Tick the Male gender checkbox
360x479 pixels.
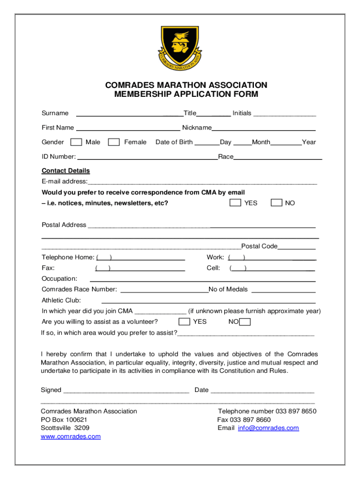coord(76,142)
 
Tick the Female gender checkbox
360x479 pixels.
coord(114,142)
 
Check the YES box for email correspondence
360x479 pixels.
coord(235,203)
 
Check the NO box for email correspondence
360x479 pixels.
coord(277,203)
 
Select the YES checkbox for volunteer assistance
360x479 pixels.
coord(185,321)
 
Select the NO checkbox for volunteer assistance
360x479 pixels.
coord(245,322)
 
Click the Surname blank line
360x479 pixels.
coord(129,114)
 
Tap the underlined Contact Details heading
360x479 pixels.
coord(65,171)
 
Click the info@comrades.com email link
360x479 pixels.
coord(268,428)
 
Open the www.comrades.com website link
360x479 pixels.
coord(71,436)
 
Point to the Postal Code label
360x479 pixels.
coord(259,246)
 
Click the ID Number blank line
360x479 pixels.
coord(147,158)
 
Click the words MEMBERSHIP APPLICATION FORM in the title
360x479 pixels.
coord(186,94)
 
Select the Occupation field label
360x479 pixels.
coord(59,279)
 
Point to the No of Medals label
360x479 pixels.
coord(228,290)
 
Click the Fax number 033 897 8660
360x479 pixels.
coord(244,420)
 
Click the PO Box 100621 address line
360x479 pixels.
coord(64,420)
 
